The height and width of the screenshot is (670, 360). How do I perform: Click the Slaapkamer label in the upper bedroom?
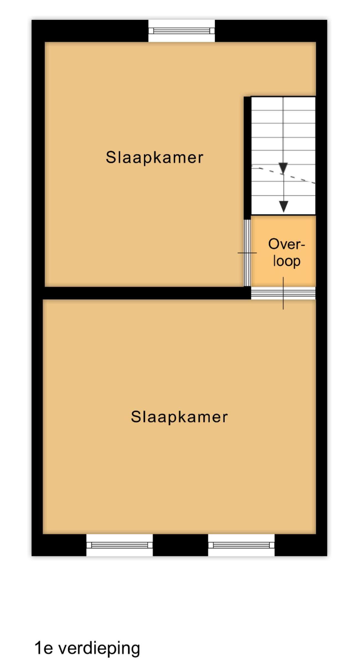pos(154,158)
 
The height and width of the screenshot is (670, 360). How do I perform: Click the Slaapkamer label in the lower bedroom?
pos(179,417)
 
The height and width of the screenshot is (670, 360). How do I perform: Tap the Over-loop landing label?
pos(286,252)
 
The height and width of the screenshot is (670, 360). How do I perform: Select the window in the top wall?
pos(182,31)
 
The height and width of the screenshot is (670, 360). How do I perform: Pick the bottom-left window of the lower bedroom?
pos(120,545)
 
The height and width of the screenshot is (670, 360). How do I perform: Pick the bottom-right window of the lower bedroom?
pos(241,545)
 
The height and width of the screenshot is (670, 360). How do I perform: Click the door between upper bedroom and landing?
pos(247,253)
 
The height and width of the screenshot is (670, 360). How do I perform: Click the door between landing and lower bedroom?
pos(283,293)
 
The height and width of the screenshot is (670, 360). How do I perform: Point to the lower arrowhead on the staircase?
pos(284,207)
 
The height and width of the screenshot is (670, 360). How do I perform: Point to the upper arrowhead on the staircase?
pos(283,168)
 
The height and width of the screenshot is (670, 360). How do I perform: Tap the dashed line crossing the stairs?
pos(283,175)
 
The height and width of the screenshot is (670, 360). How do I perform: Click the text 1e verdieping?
pos(87,648)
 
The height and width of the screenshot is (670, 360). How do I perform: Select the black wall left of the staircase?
pos(247,158)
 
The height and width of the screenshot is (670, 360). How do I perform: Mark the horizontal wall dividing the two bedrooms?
pos(146,293)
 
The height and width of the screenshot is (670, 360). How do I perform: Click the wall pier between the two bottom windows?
pos(180,545)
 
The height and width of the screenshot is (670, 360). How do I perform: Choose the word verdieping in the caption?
pos(99,648)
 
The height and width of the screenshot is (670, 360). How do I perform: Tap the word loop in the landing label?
pos(286,261)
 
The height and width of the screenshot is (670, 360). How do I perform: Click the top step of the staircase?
pos(283,103)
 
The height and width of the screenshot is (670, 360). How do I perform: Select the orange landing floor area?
pos(283,251)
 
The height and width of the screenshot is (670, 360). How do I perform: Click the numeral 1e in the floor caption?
pos(44,648)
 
